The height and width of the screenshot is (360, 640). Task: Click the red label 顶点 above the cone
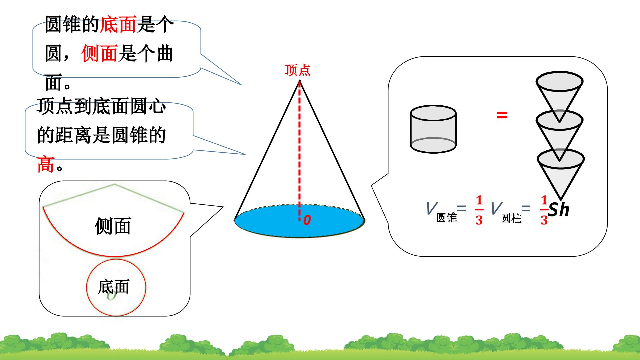tap(297, 70)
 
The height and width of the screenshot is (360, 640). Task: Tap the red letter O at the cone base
tap(307, 220)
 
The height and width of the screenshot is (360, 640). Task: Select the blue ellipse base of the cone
tap(300, 221)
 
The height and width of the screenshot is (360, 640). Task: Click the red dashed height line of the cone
tap(299, 150)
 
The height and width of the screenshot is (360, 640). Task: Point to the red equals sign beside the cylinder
tap(502, 115)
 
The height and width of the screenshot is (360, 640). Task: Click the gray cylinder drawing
tap(433, 129)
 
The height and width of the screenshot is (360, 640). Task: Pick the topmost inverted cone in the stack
tap(559, 97)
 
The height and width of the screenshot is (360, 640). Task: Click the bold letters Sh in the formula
tap(559, 210)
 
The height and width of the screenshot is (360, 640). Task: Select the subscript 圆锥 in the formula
tap(447, 218)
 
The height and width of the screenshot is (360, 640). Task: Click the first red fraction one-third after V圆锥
tap(479, 210)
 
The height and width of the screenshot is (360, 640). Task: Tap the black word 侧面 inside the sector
tap(113, 226)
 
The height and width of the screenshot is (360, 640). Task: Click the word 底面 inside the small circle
tap(113, 287)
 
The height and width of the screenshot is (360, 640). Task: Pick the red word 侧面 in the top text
tap(100, 53)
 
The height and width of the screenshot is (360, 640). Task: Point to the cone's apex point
tap(299, 80)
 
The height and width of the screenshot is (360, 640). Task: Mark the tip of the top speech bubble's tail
tap(241, 85)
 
